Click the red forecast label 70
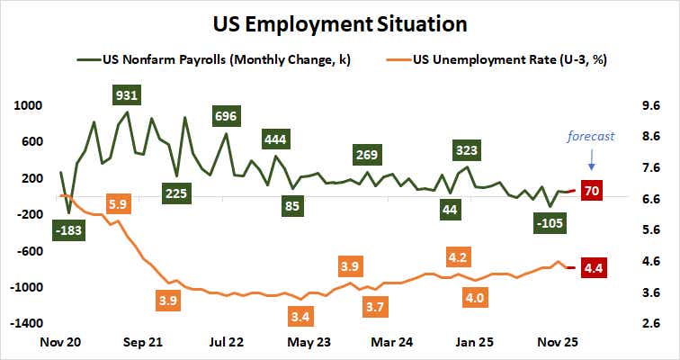tap(592, 190)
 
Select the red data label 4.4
tap(593, 267)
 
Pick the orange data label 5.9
tap(118, 203)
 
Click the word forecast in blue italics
tap(590, 136)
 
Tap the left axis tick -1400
tap(24, 323)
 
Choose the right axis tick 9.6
tap(650, 105)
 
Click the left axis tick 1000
tap(28, 105)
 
